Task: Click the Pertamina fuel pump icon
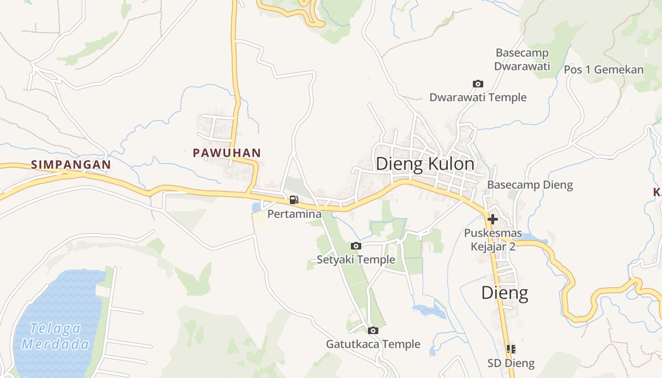point(294,200)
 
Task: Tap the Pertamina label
point(294,214)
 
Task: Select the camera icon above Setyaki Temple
point(356,246)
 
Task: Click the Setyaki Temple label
point(356,259)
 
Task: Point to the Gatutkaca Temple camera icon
point(373,330)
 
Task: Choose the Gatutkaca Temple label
point(373,344)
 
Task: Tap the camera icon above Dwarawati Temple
point(478,84)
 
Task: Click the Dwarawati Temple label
point(478,97)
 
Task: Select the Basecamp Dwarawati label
point(522,60)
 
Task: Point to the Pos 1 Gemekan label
point(603,70)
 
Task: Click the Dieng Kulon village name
point(425,164)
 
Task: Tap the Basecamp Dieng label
point(530,185)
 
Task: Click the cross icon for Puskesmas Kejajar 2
point(493,219)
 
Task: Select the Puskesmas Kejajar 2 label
point(493,240)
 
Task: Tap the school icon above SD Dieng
point(511,349)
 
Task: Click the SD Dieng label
point(511,363)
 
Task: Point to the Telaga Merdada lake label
point(55,336)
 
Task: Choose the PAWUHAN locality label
point(226,153)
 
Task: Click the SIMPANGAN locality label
point(71,165)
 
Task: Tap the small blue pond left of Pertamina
point(256,207)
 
